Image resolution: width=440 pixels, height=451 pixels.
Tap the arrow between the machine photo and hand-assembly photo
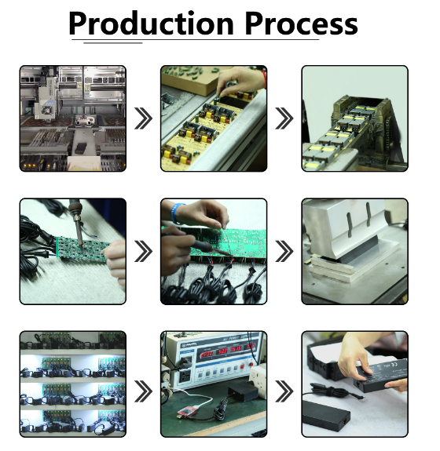click(143, 118)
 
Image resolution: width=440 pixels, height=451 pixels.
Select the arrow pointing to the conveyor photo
click(284, 118)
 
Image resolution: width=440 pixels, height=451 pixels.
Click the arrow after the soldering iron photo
click(143, 252)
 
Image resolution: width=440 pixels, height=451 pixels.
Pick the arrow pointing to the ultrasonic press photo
click(284, 252)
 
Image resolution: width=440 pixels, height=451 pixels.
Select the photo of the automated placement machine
click(72, 118)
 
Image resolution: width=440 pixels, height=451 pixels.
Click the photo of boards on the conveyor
click(354, 118)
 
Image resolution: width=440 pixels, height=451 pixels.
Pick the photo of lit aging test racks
click(72, 384)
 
